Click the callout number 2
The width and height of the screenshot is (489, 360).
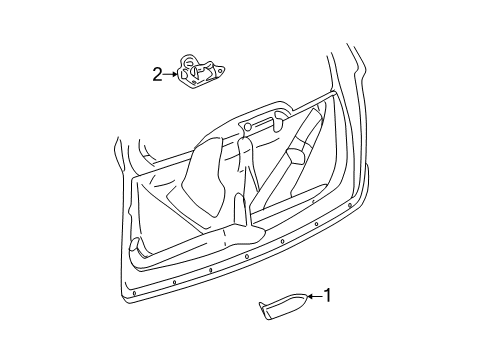156,73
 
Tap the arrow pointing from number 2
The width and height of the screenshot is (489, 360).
169,73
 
